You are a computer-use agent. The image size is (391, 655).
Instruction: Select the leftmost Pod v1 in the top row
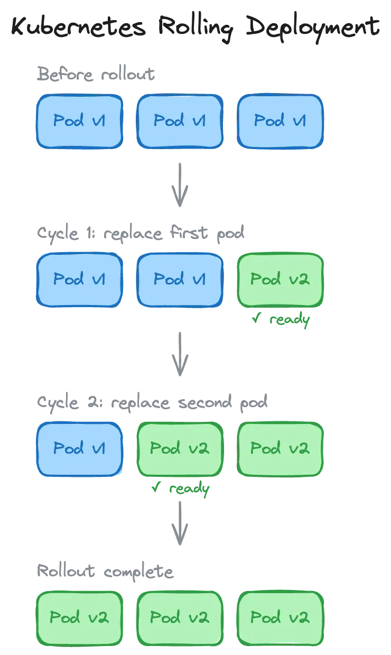(79, 121)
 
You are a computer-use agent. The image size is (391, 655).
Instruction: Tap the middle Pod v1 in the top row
(180, 121)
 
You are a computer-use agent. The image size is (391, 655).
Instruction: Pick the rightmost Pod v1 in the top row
(280, 121)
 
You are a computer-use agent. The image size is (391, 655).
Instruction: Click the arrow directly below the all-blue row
(180, 183)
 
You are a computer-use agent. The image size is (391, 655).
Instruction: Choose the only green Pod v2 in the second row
(280, 280)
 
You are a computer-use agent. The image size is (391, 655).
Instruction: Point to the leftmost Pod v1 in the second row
(79, 280)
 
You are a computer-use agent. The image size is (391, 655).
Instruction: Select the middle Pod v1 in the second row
(180, 280)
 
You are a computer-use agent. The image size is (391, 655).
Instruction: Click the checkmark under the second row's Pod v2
(256, 319)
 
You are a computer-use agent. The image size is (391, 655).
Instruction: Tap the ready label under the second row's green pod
(288, 320)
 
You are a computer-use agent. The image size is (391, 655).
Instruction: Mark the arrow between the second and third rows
(180, 353)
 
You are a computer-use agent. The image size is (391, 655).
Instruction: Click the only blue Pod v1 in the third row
(79, 449)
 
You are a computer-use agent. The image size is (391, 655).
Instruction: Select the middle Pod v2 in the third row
(180, 449)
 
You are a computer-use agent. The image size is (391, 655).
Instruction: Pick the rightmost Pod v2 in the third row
(280, 449)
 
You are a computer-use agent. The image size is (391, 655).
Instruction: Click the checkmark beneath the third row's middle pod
(156, 488)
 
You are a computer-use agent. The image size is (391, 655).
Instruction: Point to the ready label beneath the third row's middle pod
(189, 489)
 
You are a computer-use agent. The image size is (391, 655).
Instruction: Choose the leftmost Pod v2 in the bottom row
(79, 617)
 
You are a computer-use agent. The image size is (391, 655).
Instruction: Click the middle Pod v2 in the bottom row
(180, 617)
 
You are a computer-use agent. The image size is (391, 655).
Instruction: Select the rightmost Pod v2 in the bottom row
(280, 617)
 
